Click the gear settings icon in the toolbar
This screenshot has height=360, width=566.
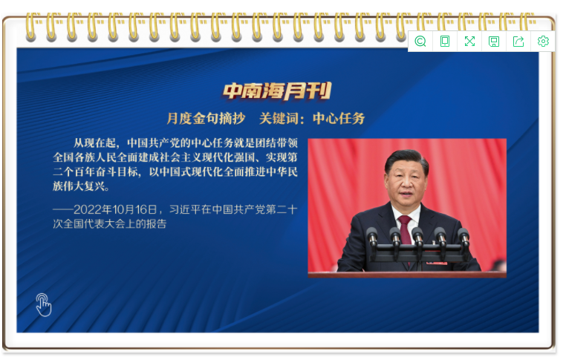[543, 41]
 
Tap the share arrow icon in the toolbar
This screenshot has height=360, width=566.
[518, 41]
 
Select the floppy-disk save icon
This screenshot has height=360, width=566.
[494, 42]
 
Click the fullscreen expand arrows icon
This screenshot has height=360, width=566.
[469, 41]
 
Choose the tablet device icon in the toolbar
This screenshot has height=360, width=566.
[445, 41]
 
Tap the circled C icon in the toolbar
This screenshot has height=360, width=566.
[420, 41]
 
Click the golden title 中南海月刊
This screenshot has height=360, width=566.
[277, 91]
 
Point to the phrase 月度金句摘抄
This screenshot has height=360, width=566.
[206, 118]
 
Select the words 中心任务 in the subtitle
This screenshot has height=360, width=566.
[339, 118]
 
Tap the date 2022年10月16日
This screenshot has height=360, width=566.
[116, 209]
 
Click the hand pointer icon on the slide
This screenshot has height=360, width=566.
[43, 305]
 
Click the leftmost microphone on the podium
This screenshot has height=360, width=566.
[372, 238]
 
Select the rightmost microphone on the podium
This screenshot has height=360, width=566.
[463, 238]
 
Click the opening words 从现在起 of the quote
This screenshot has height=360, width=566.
[94, 143]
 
